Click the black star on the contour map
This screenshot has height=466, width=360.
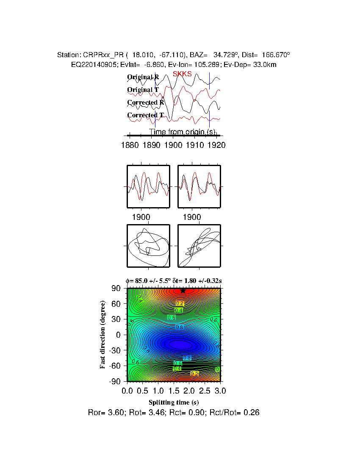click(x=183, y=291)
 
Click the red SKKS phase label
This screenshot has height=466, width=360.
click(x=182, y=74)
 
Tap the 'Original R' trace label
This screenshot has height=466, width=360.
click(x=143, y=77)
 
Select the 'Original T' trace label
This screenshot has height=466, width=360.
click(x=143, y=90)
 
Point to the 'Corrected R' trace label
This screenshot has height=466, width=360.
click(x=145, y=103)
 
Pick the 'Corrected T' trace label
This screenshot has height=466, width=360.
click(x=145, y=115)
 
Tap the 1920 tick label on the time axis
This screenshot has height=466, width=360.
click(x=216, y=145)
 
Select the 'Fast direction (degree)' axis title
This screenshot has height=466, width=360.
click(x=103, y=335)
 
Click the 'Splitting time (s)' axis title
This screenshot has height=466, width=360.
click(x=174, y=402)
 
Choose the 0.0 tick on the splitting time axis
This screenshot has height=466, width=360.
click(x=127, y=390)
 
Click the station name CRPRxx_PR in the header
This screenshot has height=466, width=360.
click(x=100, y=55)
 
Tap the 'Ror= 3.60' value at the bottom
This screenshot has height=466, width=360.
click(x=104, y=412)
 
